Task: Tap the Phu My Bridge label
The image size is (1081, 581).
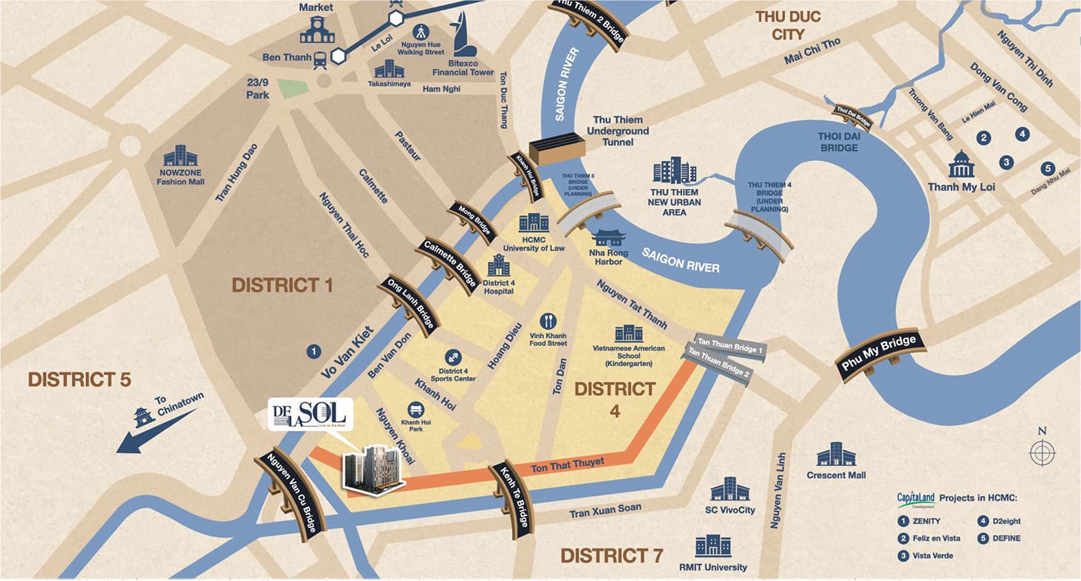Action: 878,353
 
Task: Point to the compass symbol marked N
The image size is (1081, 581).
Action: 1042,451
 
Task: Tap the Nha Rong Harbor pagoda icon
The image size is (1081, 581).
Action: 609,238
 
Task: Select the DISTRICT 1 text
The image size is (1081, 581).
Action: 282,286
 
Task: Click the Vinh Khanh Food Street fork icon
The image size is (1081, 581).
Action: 549,321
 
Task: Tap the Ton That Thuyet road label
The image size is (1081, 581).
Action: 568,465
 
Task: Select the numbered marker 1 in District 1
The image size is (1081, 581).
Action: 313,351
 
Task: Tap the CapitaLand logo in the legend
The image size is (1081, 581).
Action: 915,499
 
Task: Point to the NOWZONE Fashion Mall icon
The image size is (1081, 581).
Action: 180,155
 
